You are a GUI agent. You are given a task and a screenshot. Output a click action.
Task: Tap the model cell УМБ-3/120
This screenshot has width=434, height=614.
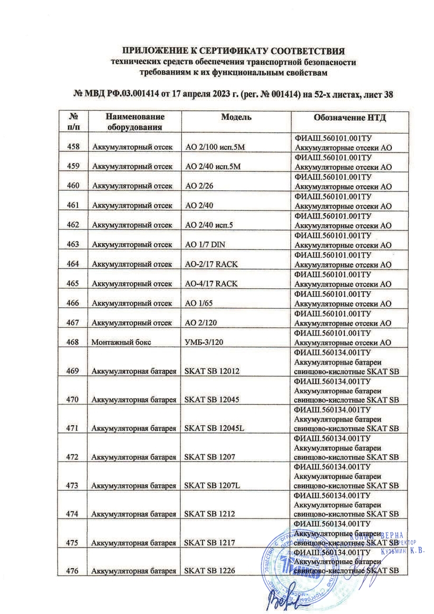pyautogui.click(x=203, y=342)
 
